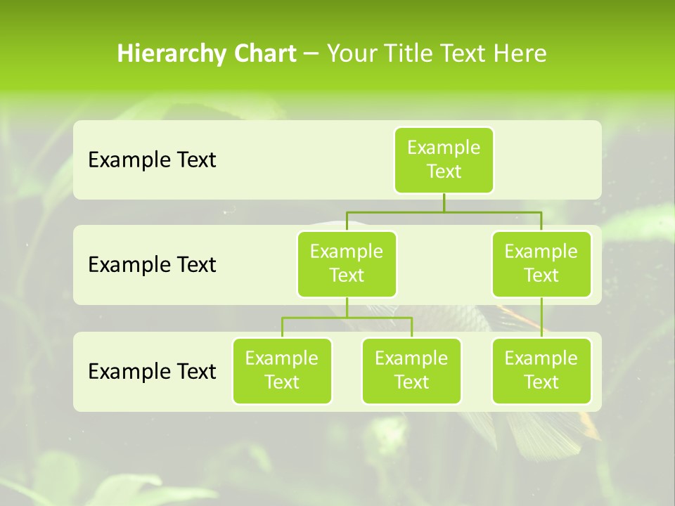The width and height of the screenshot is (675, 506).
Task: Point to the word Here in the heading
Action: [520, 53]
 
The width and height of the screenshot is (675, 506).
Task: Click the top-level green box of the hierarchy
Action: [444, 160]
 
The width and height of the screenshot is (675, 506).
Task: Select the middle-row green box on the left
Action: [347, 264]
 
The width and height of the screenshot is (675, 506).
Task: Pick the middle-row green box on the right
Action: [541, 264]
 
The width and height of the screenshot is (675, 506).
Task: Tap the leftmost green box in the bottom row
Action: [282, 370]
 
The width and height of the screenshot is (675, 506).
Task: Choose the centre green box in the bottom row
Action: [411, 370]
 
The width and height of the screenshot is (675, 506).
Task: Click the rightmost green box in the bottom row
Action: [541, 370]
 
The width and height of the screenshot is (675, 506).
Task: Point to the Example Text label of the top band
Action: [152, 160]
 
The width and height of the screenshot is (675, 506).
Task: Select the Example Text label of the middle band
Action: [152, 265]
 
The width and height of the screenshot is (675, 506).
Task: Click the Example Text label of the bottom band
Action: [152, 371]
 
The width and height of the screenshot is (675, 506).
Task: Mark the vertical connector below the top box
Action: [444, 202]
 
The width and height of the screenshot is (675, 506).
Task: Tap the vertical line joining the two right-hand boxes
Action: [541, 317]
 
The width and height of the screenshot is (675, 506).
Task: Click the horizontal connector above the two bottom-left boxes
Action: [347, 318]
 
